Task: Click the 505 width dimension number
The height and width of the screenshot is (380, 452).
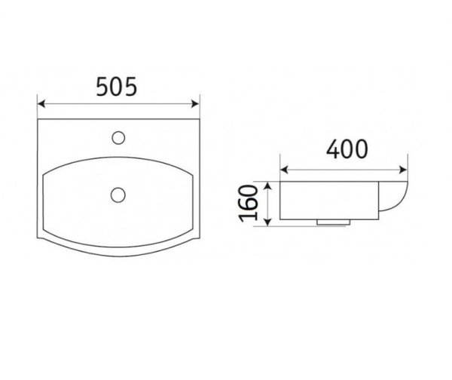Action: pyautogui.click(x=116, y=87)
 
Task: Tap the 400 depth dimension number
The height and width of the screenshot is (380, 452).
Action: pyautogui.click(x=347, y=149)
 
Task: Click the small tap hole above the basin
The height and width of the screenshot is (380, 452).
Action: pyautogui.click(x=118, y=137)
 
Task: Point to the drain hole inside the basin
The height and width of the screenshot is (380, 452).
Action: pyautogui.click(x=118, y=194)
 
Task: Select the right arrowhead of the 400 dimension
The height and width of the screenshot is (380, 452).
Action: pyautogui.click(x=405, y=167)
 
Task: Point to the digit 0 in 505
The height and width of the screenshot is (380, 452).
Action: pyautogui.click(x=116, y=87)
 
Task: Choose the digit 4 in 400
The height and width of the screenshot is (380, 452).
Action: pyautogui.click(x=331, y=149)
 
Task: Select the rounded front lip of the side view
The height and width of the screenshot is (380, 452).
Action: pyautogui.click(x=402, y=198)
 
